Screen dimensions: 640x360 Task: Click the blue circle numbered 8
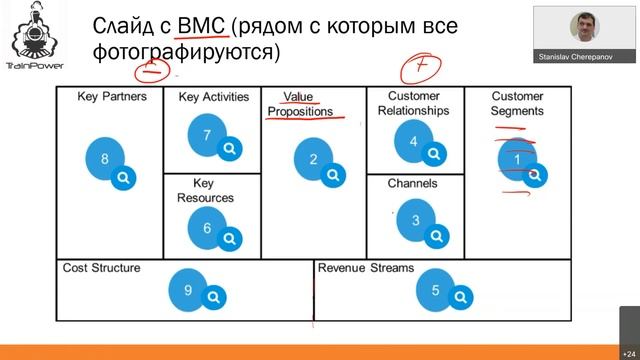click(x=105, y=159)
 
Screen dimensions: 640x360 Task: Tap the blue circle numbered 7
click(x=207, y=134)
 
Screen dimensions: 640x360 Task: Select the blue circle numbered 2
click(x=313, y=159)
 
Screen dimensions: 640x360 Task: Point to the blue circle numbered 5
click(x=435, y=290)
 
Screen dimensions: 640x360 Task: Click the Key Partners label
click(x=112, y=97)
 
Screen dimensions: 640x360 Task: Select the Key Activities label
click(x=214, y=97)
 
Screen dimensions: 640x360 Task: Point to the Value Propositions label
click(x=300, y=104)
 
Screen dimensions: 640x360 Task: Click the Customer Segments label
click(x=518, y=104)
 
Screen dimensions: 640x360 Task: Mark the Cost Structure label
click(x=101, y=268)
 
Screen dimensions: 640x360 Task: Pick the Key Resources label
click(x=206, y=191)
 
